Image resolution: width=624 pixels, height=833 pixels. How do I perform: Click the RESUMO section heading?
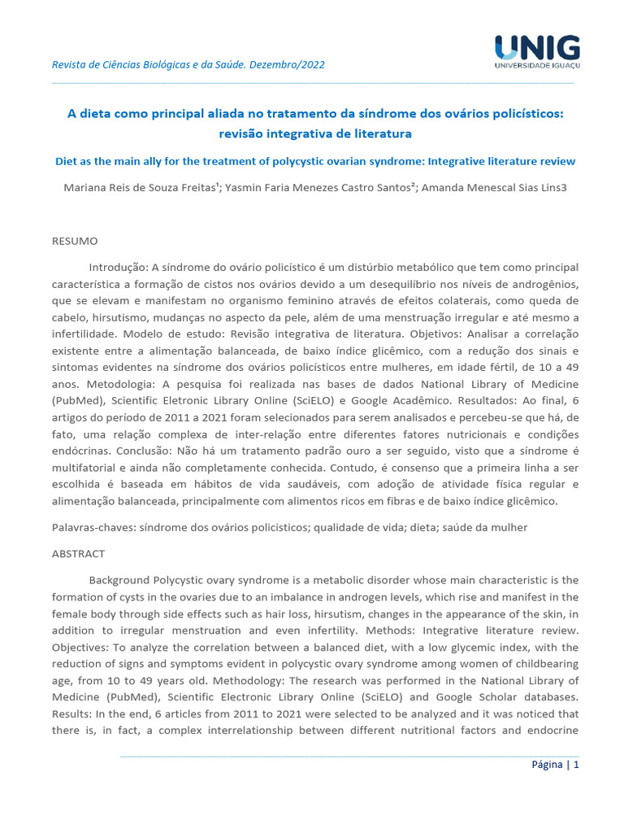[x=75, y=242]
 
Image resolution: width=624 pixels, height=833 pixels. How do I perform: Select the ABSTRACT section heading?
[x=78, y=554]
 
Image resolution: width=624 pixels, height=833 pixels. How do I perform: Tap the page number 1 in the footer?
[x=576, y=765]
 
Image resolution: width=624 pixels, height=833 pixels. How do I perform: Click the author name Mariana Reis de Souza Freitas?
[x=136, y=187]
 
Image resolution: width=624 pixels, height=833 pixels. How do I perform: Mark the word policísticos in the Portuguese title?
[x=518, y=115]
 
